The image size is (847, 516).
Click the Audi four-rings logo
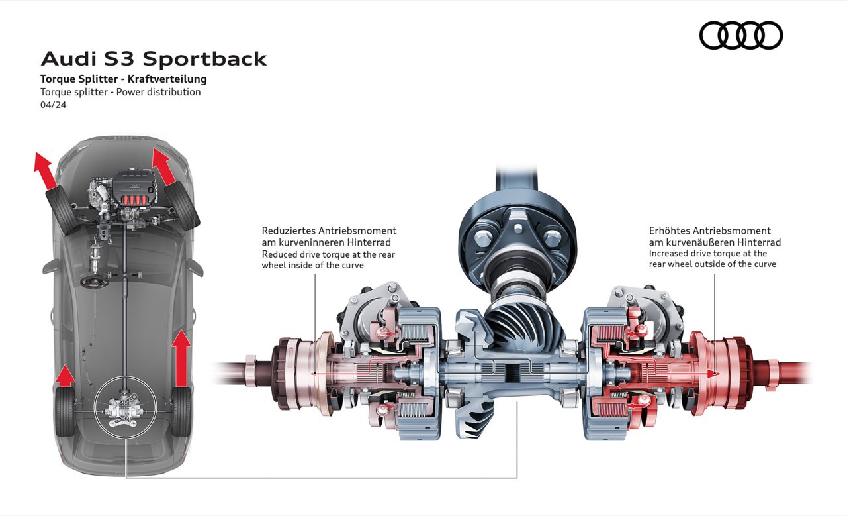click(x=740, y=35)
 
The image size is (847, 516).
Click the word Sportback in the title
click(x=204, y=59)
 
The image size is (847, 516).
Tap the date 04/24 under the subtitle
click(x=53, y=105)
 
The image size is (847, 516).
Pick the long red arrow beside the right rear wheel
click(x=181, y=358)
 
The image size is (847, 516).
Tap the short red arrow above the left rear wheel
click(x=64, y=375)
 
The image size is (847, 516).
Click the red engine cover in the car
click(x=135, y=187)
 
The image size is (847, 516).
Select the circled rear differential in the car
click(x=125, y=406)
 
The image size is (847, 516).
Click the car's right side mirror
click(x=195, y=266)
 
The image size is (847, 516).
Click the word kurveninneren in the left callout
click(x=309, y=242)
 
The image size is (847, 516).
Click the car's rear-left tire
click(x=65, y=412)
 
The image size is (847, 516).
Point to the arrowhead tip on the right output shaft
click(x=718, y=374)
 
